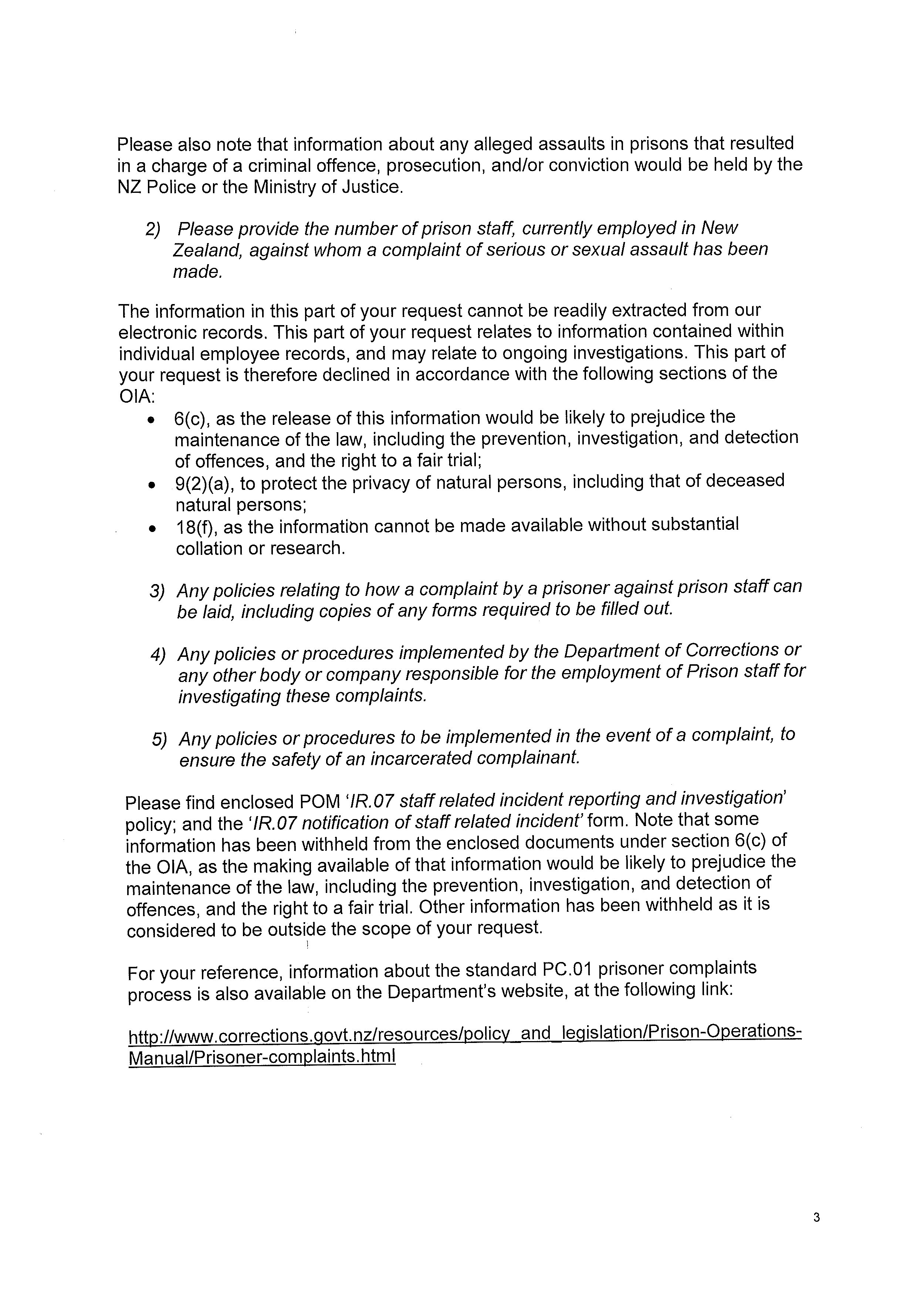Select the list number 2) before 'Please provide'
tap(153, 229)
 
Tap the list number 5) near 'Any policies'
tap(159, 740)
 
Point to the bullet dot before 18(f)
tap(151, 529)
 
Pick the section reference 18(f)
tap(197, 528)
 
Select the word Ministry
tap(284, 187)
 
